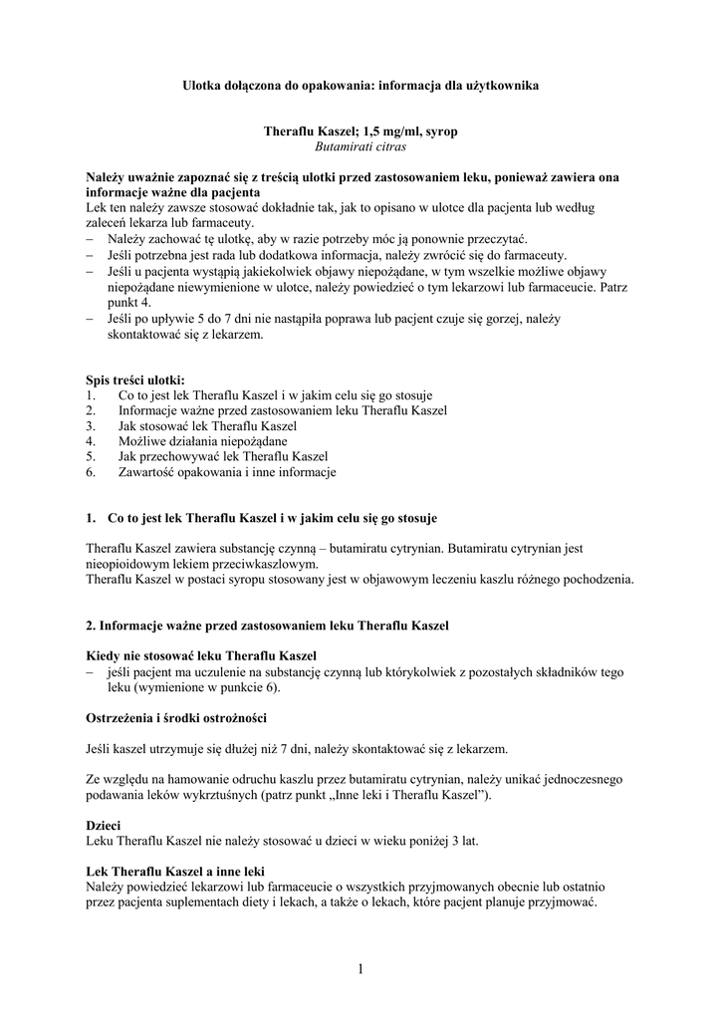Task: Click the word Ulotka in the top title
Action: pos(203,87)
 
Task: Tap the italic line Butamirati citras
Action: pos(361,145)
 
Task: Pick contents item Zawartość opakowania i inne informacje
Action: pos(227,472)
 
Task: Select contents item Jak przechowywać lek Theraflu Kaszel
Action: pos(223,456)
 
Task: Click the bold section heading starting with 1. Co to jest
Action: pos(262,519)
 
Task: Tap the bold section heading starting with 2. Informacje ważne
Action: pos(268,626)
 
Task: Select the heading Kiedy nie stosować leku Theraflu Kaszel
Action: pos(201,657)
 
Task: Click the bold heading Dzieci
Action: pos(105,825)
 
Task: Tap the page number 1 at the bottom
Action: pos(361,969)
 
